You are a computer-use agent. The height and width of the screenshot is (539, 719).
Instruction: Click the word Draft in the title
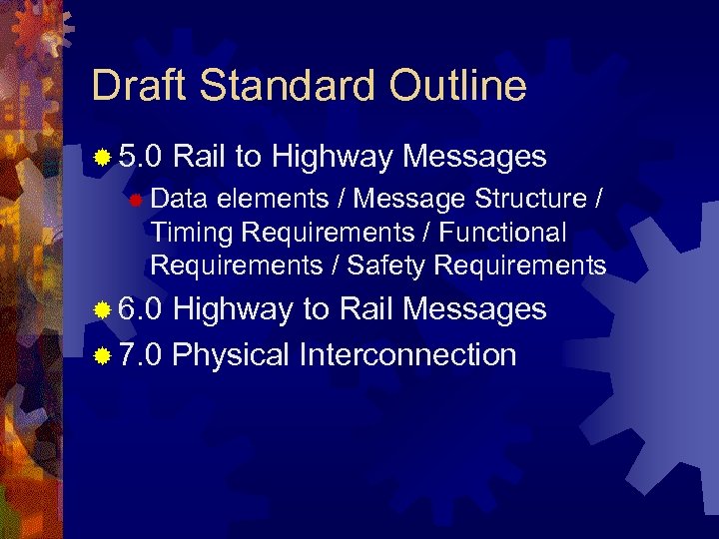point(140,87)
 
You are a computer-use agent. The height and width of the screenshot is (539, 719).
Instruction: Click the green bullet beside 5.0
point(102,158)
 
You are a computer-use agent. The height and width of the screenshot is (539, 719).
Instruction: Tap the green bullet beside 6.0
point(102,310)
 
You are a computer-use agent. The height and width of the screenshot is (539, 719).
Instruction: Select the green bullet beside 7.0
point(102,355)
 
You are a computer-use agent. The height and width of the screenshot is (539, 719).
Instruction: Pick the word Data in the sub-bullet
point(177,200)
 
